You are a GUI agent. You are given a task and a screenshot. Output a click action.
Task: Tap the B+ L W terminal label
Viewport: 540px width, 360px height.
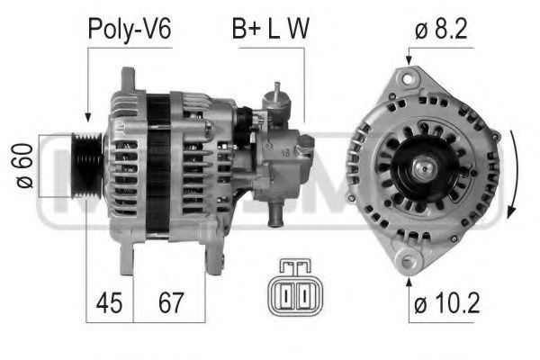[272, 28]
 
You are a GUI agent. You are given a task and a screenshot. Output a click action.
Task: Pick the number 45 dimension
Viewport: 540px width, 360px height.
[109, 301]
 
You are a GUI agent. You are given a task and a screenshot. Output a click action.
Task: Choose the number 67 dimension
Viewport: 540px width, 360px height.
[169, 301]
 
